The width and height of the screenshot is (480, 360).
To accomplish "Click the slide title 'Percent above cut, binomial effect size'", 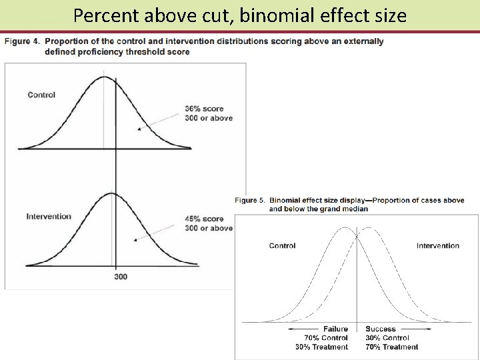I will point(240,15).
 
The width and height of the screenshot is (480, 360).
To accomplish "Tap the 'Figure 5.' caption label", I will point(250,199).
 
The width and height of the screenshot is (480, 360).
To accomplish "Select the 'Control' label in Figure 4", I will point(41,95).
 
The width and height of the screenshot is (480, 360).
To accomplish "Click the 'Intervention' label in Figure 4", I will point(49,216).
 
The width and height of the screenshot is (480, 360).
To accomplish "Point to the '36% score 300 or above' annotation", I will point(209,113).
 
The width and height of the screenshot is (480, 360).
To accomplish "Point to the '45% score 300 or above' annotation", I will point(209,223).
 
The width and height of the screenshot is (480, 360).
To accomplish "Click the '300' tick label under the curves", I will point(121,276).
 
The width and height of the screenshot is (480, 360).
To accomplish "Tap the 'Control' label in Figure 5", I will point(282,245).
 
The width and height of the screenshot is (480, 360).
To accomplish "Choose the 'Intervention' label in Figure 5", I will point(438,245).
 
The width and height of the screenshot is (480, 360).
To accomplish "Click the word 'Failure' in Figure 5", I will point(335,329).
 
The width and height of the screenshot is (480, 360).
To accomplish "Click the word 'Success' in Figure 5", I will point(381,329).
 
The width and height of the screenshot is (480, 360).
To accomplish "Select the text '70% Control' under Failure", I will point(326,338).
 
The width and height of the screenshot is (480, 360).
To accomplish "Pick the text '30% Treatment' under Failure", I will point(321,347).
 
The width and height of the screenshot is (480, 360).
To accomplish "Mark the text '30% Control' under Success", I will point(387,338).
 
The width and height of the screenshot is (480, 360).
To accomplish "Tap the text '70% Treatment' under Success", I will point(392,347).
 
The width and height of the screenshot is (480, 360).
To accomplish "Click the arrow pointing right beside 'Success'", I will point(415,329).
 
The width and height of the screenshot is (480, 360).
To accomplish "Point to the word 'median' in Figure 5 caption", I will point(355,209).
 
